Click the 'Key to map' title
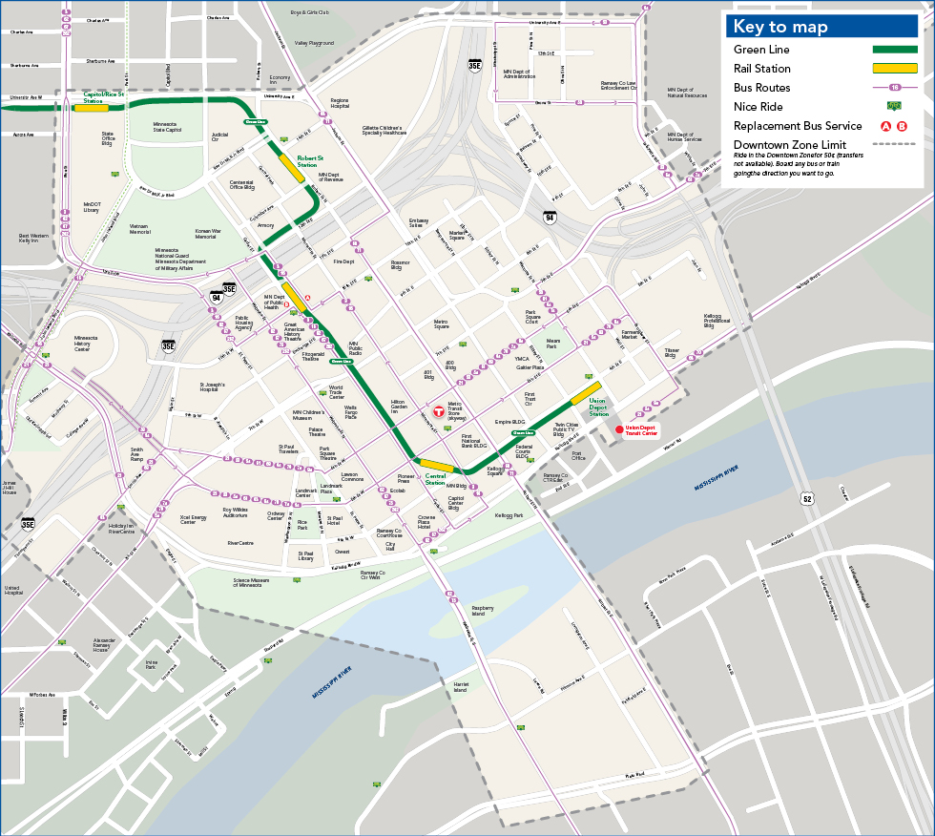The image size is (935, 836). coord(780,27)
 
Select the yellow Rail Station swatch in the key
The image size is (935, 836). coord(895,69)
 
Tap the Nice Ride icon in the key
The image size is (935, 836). coord(895,107)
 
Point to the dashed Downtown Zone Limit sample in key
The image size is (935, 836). coord(895,145)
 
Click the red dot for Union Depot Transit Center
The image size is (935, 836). coord(618,430)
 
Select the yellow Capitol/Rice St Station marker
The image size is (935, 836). coord(92,107)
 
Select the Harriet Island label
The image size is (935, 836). coord(460,687)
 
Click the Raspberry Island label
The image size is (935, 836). coord(483,610)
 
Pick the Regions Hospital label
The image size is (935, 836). coord(340,103)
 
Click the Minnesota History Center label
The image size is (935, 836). coord(86,344)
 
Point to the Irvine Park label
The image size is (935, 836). coord(151,664)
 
